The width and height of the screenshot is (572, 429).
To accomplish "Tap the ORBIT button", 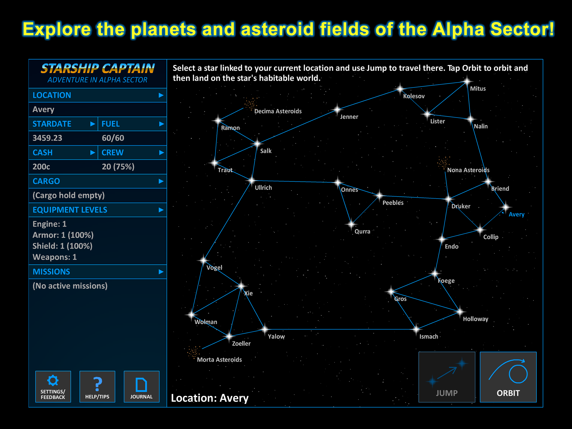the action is (x=508, y=377).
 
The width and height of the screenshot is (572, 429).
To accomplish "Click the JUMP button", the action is (x=447, y=377).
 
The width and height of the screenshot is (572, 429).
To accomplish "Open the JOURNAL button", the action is (x=141, y=387).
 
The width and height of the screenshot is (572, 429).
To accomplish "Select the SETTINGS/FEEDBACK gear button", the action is (x=53, y=387).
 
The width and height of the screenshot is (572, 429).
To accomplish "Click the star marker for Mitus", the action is (x=467, y=82).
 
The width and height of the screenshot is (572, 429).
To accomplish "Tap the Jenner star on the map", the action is (x=337, y=109).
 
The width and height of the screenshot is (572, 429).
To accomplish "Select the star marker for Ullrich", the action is (x=252, y=180).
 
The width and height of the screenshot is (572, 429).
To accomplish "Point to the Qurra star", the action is (x=351, y=224).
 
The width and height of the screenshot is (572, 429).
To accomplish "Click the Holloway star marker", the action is (x=460, y=311).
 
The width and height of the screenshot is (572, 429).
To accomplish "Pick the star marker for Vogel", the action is (x=203, y=260).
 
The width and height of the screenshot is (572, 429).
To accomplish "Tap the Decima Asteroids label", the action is (x=278, y=111).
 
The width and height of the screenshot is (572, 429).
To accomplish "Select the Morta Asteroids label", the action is (x=219, y=359).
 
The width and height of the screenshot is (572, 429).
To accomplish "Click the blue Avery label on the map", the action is (x=516, y=214).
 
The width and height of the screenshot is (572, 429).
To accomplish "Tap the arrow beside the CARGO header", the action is (x=161, y=181).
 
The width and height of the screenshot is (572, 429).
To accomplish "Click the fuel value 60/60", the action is (x=113, y=138).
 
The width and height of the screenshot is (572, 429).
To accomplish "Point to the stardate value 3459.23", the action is (x=47, y=138).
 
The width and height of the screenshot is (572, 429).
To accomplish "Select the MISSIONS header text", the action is (x=51, y=271).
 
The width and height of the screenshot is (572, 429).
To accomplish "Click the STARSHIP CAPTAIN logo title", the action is (x=97, y=68).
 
